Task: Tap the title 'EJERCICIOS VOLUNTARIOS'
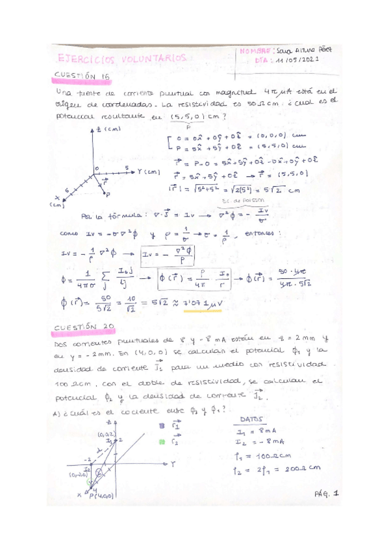tap(122, 58)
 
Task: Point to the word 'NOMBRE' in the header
tap(257, 50)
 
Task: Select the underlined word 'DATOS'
tap(253, 419)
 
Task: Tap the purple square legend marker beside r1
tap(161, 426)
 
